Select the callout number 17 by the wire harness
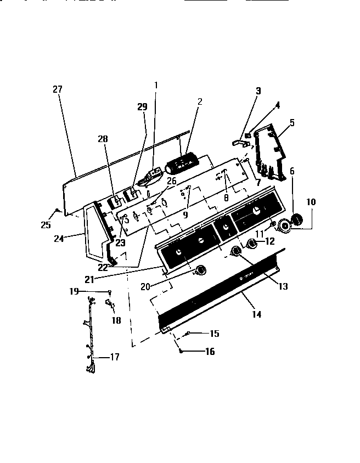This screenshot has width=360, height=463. (x=114, y=357)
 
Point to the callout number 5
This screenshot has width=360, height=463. (x=292, y=123)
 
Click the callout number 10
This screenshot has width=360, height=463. (x=311, y=202)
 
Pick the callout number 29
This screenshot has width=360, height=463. (x=142, y=107)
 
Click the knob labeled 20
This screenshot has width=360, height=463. (x=201, y=269)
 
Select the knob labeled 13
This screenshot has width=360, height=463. (x=237, y=251)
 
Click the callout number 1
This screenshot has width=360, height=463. (x=155, y=85)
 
